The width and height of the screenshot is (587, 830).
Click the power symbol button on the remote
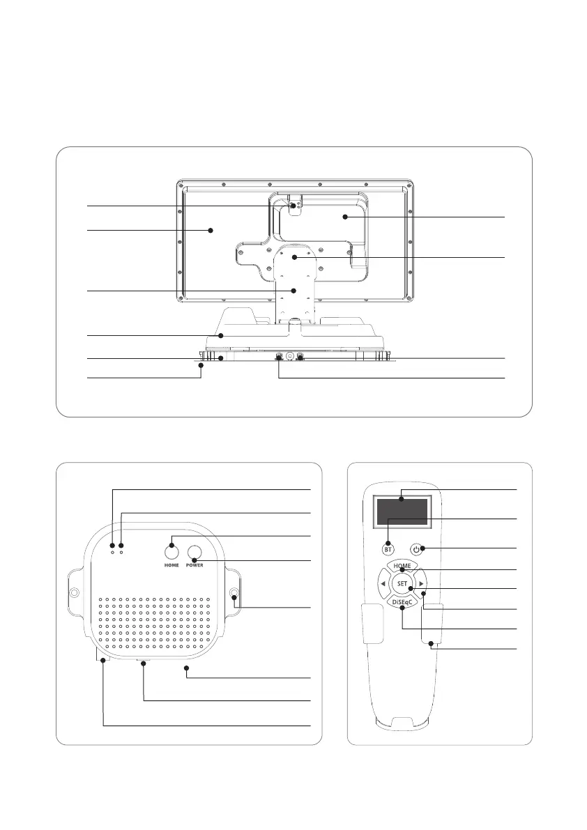tap(418, 548)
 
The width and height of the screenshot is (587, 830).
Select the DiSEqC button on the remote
tap(402, 600)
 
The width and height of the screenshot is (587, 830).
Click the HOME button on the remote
tap(402, 565)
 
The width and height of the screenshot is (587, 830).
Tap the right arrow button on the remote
tap(421, 583)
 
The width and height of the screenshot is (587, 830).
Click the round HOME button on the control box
tap(171, 552)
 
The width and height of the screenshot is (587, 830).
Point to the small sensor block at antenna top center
tap(295, 205)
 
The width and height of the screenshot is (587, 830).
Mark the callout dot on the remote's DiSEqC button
tap(402, 607)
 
